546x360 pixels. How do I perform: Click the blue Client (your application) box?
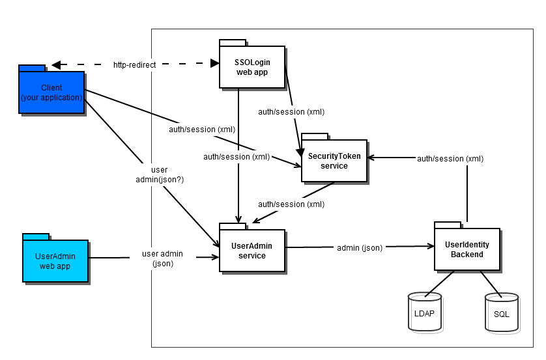(x=51, y=92)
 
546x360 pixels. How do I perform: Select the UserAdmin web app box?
(x=55, y=260)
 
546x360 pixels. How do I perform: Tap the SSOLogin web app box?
(x=252, y=67)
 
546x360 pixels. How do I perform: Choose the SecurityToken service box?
(x=334, y=161)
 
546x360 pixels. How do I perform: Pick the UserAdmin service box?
(x=252, y=251)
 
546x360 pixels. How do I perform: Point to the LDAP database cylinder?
(x=424, y=313)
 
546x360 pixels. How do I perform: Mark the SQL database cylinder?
(x=501, y=313)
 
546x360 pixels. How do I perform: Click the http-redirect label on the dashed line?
(x=133, y=65)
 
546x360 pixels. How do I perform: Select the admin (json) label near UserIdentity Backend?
(x=359, y=247)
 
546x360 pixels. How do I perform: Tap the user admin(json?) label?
(x=158, y=174)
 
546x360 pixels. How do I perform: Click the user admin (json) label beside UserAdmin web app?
(x=162, y=258)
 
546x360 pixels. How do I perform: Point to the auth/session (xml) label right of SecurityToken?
(x=450, y=158)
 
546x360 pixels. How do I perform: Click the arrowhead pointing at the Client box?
(x=56, y=65)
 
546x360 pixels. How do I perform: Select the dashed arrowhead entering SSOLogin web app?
(x=214, y=64)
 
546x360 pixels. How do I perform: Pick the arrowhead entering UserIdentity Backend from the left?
(x=431, y=247)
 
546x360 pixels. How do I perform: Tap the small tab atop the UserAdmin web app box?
(x=36, y=236)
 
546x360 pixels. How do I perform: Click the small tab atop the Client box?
(x=32, y=68)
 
